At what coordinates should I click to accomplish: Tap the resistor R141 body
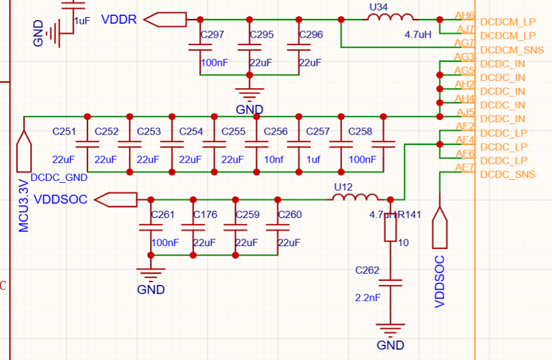click(x=390, y=228)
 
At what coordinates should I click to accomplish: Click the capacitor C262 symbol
click(x=390, y=283)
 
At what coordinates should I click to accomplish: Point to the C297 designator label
click(x=212, y=35)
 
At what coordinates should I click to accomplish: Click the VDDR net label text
click(x=119, y=19)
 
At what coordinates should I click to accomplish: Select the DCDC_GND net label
click(x=59, y=177)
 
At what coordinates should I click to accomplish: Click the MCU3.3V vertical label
click(x=23, y=205)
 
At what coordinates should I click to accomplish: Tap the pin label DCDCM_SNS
click(x=512, y=50)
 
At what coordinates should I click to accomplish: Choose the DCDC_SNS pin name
click(x=508, y=175)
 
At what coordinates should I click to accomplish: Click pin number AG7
click(x=464, y=43)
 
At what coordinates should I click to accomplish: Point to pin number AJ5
click(x=465, y=112)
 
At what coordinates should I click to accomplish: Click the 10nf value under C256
click(x=274, y=160)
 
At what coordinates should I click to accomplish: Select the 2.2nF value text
click(x=367, y=298)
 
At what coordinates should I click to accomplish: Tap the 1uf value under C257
click(x=313, y=160)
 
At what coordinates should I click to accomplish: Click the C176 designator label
click(x=205, y=214)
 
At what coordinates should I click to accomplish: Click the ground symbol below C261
click(x=150, y=274)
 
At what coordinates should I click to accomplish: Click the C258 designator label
click(x=360, y=132)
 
